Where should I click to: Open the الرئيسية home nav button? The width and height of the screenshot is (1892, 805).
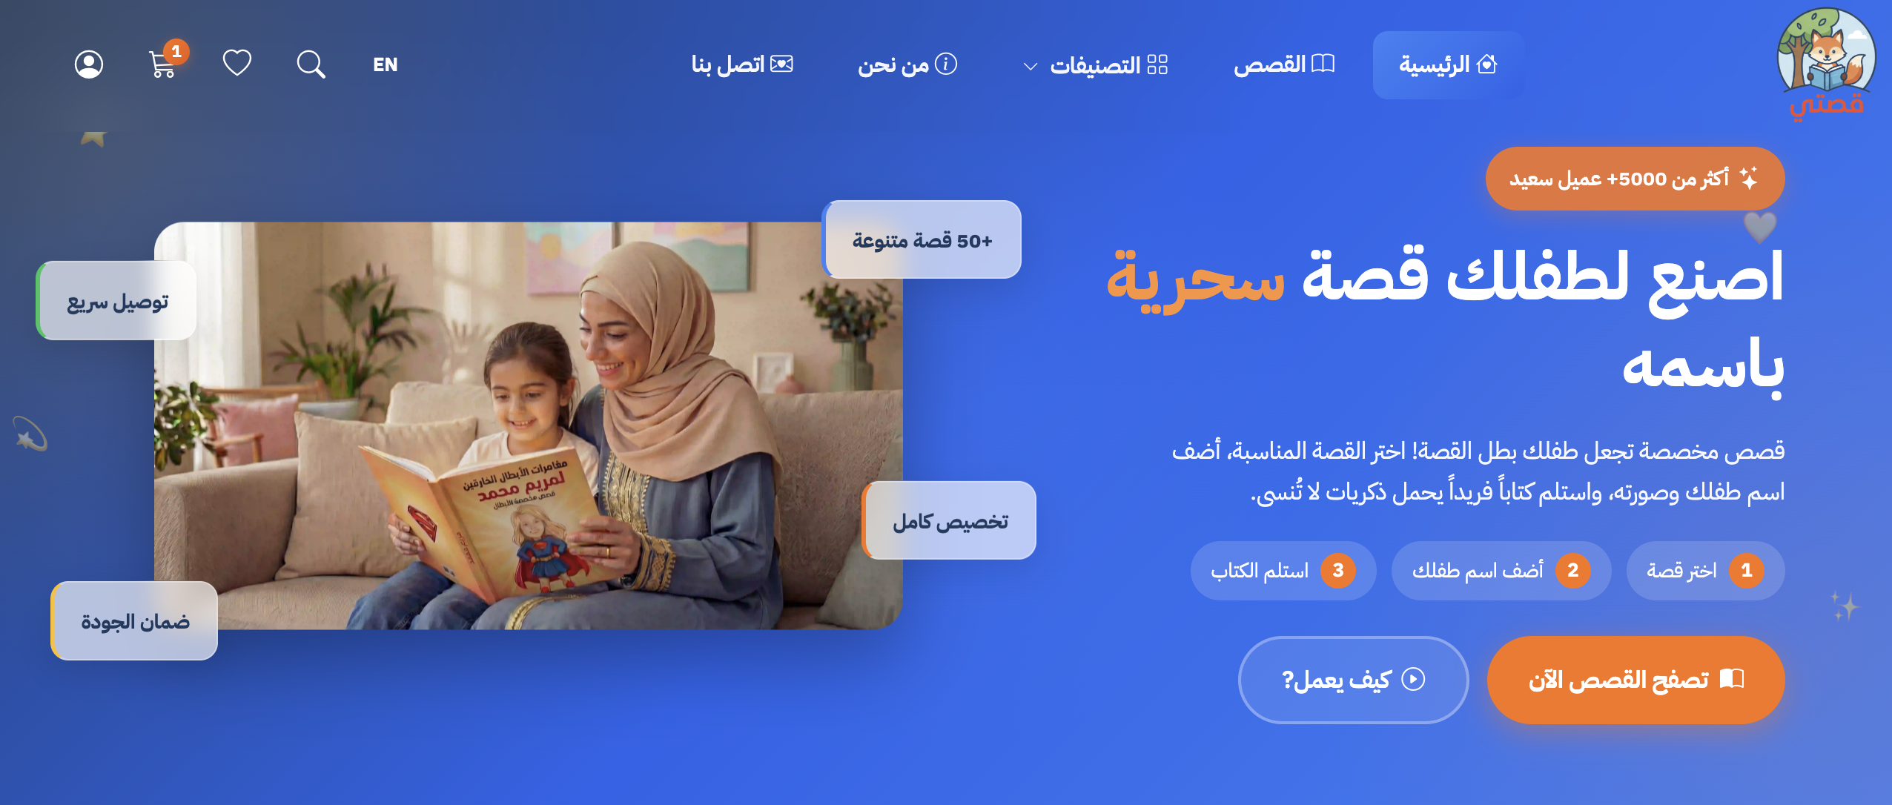pos(1447,65)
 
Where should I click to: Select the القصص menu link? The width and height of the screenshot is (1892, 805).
pos(1283,65)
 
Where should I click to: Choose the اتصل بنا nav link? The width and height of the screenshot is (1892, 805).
pos(742,65)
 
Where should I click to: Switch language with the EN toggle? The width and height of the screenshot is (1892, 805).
pos(386,65)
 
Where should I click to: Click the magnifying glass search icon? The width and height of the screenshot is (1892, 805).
pos(311,65)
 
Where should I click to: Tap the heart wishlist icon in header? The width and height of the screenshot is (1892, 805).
pos(237,63)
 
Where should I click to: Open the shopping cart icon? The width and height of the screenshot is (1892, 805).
pos(162,65)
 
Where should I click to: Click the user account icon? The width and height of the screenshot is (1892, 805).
pos(89,65)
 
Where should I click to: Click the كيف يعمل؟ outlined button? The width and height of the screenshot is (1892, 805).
pos(1353,680)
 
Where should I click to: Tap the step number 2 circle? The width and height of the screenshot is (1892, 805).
pos(1572,571)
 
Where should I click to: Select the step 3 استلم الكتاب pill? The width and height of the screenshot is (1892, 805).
pos(1283,571)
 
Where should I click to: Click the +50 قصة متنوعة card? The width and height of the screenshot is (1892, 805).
pos(922,240)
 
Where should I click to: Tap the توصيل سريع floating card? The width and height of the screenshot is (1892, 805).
pos(117,301)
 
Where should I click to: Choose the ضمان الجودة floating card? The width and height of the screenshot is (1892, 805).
pos(135,621)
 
